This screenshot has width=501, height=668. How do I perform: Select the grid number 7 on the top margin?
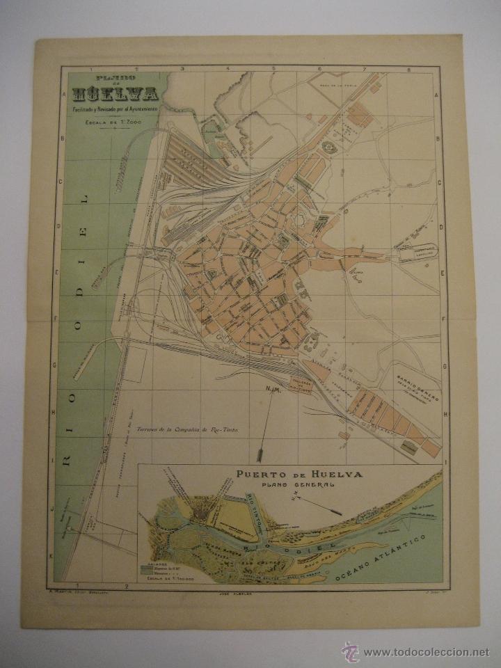[364, 69]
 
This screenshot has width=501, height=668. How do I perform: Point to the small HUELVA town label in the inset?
[184, 498]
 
